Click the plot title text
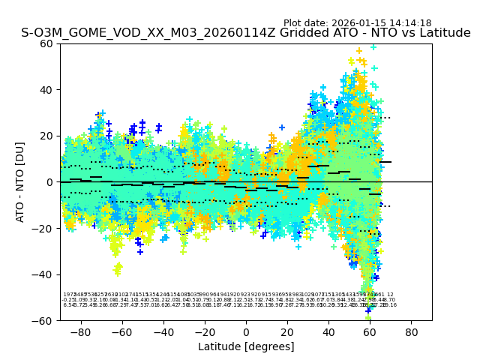tap(246, 33)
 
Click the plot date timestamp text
tap(357, 23)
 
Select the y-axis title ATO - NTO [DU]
tap(20, 181)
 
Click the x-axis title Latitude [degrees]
tap(246, 346)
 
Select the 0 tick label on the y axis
tap(50, 182)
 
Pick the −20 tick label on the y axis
tap(44, 228)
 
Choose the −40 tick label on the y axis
tap(44, 274)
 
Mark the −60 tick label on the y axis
tap(44, 320)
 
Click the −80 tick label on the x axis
tap(79, 331)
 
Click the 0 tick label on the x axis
tap(246, 331)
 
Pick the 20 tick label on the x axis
tap(287, 331)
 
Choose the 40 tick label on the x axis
tap(328, 331)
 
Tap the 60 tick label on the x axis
tap(370, 331)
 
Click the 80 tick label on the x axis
tap(411, 331)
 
